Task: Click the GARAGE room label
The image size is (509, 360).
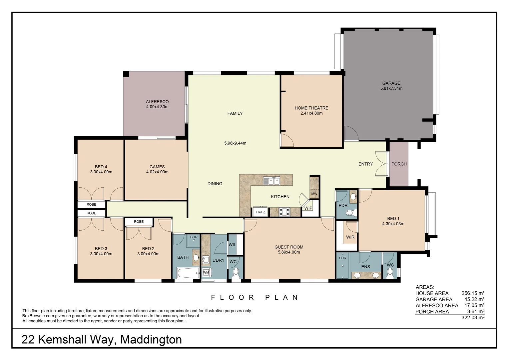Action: [391, 83]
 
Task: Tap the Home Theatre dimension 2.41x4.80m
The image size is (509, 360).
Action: [311, 113]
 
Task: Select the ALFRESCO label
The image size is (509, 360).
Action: [157, 102]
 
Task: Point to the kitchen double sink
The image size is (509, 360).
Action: [271, 181]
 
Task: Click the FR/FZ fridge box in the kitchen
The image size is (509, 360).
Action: [260, 212]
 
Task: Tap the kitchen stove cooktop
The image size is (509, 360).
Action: [285, 212]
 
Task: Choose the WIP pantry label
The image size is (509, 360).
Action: [308, 208]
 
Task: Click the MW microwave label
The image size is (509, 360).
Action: [314, 194]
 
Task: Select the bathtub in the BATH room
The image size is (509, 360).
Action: [188, 273]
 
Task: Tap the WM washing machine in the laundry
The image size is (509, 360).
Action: [206, 272]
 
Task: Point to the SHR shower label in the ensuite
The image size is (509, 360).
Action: [342, 258]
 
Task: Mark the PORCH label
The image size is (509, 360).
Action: [399, 164]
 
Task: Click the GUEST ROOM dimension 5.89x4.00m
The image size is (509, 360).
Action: [289, 252]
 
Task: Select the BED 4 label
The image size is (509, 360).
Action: [101, 167]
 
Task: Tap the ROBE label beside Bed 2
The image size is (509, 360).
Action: [139, 222]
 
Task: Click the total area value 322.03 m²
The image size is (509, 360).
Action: [473, 318]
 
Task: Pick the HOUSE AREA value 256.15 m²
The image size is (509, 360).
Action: [473, 293]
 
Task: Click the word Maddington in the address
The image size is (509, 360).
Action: [151, 339]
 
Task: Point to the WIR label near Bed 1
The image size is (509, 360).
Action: [350, 237]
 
